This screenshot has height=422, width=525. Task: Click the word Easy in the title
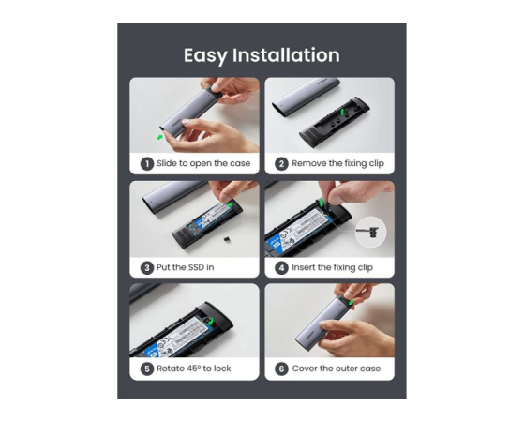coord(205,55)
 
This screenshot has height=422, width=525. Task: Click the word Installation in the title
coord(286,54)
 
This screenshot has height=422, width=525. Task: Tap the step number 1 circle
coord(146,164)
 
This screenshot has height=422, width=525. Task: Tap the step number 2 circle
coord(281,164)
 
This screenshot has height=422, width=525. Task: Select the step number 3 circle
coord(146,267)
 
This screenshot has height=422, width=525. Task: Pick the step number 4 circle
coord(281,267)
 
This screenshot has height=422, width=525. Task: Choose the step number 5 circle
coord(146,369)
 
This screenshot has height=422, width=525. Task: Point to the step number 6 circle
coord(281,369)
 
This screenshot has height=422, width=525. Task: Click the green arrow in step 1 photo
coord(160,137)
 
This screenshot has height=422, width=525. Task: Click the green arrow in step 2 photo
coord(342,112)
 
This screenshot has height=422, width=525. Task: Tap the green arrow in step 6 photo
coord(351,302)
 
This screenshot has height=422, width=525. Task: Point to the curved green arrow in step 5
coord(210,321)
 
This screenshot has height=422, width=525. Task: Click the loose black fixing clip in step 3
coord(227,239)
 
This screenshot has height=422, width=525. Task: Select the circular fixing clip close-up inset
coord(370,232)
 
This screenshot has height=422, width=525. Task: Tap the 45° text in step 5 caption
coord(193,369)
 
